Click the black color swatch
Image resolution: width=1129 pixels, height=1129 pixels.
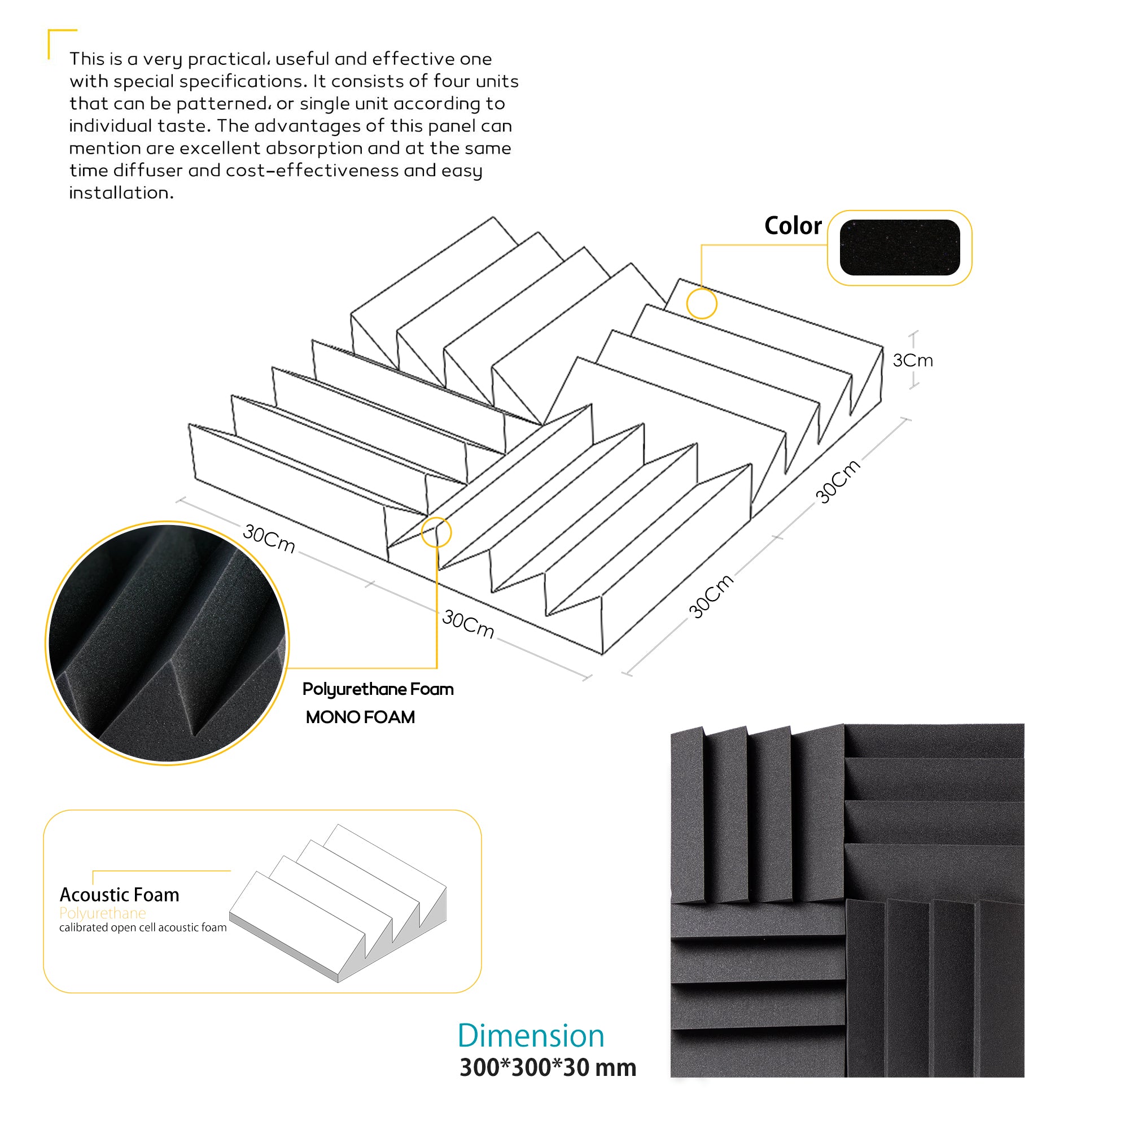pyautogui.click(x=899, y=247)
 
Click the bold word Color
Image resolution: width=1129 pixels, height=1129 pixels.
pyautogui.click(x=793, y=226)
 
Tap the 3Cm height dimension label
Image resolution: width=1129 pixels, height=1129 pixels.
pyautogui.click(x=912, y=360)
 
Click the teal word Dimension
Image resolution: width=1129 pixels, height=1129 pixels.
pyautogui.click(x=530, y=1035)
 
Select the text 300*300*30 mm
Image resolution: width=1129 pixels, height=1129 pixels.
pyautogui.click(x=548, y=1067)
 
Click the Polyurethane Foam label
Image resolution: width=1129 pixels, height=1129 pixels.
pyautogui.click(x=378, y=690)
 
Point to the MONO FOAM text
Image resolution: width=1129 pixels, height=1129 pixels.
pyautogui.click(x=360, y=717)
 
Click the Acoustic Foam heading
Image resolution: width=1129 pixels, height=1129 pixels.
pyautogui.click(x=119, y=895)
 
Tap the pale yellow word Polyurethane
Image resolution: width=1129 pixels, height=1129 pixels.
pyautogui.click(x=102, y=913)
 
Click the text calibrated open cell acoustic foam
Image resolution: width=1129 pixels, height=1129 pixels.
pyautogui.click(x=143, y=927)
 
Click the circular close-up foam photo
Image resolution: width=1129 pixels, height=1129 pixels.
pyautogui.click(x=168, y=643)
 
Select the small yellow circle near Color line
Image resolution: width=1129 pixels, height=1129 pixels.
pyautogui.click(x=701, y=303)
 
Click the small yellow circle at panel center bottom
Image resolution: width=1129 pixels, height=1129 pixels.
pyautogui.click(x=436, y=532)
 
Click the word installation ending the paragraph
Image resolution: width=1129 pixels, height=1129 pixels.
pyautogui.click(x=121, y=192)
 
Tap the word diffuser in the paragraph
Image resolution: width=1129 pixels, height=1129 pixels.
pyautogui.click(x=148, y=170)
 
